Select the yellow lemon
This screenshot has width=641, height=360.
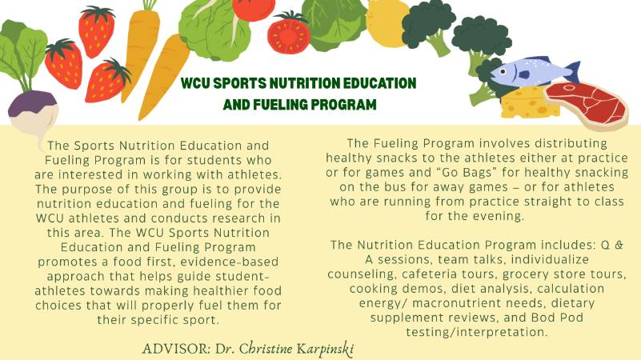pyautogui.click(x=387, y=22)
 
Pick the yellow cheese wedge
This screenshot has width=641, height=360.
pyautogui.click(x=523, y=103)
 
